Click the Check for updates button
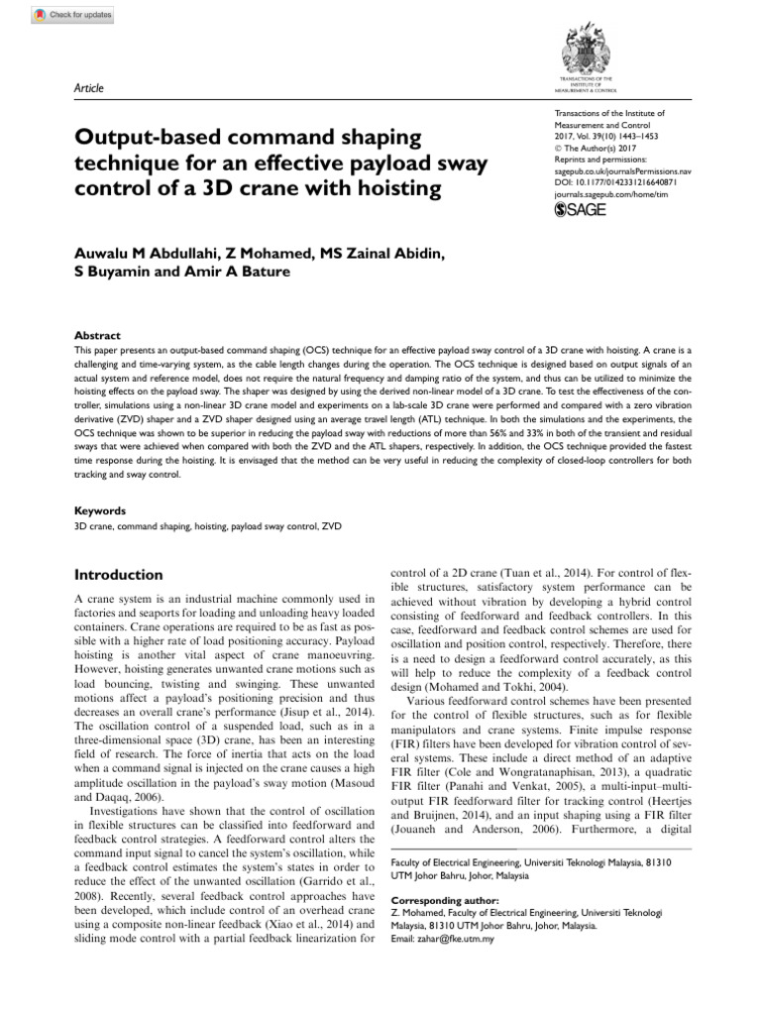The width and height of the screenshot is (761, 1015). [73, 15]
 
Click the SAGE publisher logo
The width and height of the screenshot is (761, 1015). [581, 210]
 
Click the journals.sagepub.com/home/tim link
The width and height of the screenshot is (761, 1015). [615, 195]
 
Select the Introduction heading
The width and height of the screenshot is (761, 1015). [120, 575]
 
